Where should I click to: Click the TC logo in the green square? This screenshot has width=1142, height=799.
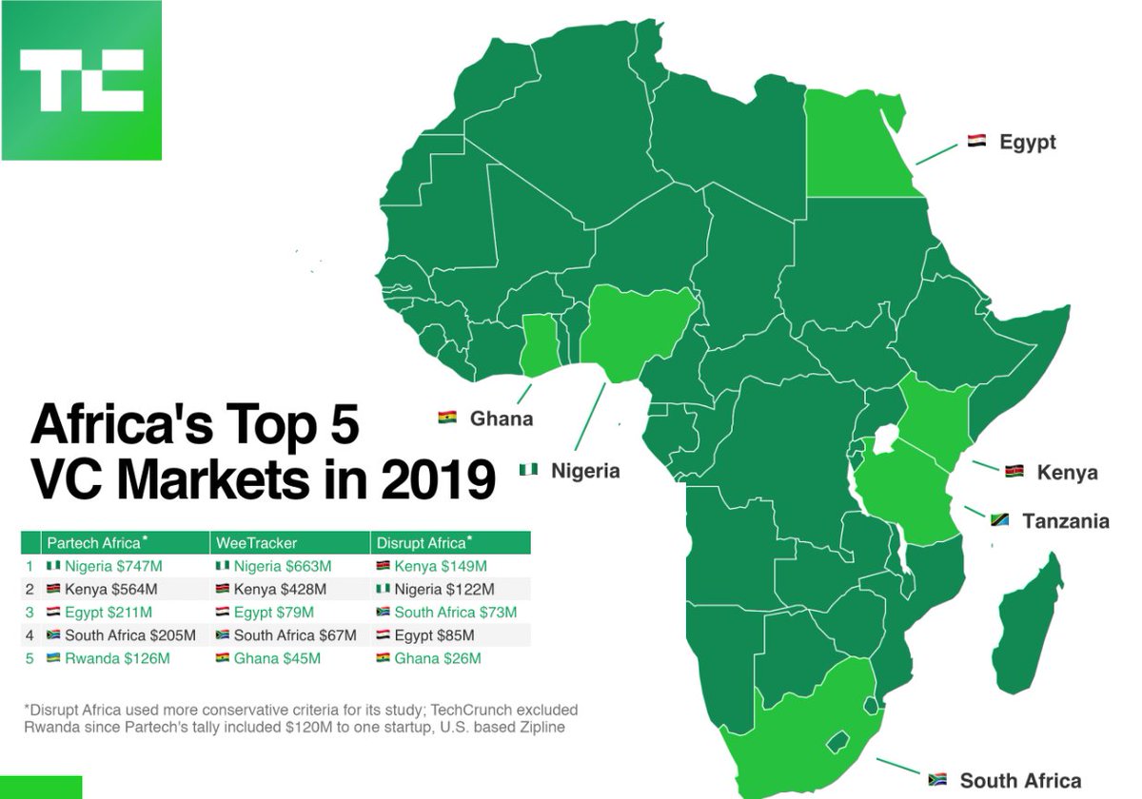click(81, 80)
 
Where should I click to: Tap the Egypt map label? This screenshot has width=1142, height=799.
click(1027, 143)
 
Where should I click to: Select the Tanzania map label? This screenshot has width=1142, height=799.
click(1065, 521)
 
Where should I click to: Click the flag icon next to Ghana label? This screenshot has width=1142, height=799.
click(448, 418)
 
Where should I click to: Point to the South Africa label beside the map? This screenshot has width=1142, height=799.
click(1020, 781)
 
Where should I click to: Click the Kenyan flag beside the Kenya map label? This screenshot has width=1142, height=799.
click(1014, 472)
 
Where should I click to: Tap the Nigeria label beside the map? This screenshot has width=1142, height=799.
click(585, 471)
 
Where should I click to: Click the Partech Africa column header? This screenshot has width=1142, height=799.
click(96, 543)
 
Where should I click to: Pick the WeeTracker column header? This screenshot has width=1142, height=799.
click(257, 543)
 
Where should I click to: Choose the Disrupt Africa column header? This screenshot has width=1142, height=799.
click(422, 543)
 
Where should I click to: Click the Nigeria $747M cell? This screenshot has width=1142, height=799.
click(113, 566)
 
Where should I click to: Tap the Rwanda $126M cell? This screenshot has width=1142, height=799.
click(116, 658)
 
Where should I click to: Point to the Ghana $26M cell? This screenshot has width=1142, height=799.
click(437, 658)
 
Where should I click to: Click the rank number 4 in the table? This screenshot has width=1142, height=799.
click(30, 635)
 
